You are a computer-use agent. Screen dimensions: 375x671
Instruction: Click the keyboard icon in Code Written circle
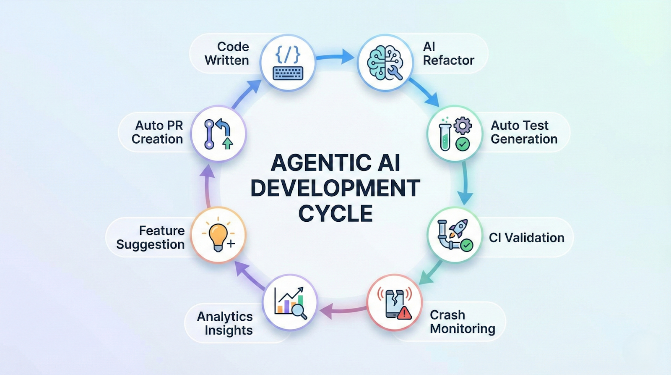click(x=288, y=73)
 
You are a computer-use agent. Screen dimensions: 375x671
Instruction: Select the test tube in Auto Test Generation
click(x=445, y=137)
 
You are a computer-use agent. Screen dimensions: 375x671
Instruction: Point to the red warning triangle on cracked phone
click(x=404, y=313)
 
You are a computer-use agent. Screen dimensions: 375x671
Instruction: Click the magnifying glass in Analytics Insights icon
click(x=299, y=311)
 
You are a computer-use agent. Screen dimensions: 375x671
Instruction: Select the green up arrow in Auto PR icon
click(x=228, y=143)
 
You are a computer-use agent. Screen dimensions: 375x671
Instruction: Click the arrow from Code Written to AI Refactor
click(x=335, y=56)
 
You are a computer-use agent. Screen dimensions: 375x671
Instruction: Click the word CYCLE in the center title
click(x=335, y=213)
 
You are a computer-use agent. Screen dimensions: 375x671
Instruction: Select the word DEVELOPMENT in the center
click(x=335, y=188)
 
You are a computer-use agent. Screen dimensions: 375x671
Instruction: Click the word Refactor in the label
click(x=448, y=60)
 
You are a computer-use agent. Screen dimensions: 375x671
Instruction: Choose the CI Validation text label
click(x=526, y=238)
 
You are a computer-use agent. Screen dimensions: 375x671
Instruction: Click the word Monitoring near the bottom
click(x=463, y=328)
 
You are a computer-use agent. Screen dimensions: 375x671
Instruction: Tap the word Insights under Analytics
click(x=229, y=330)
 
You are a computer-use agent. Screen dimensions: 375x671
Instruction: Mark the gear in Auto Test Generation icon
click(x=462, y=125)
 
